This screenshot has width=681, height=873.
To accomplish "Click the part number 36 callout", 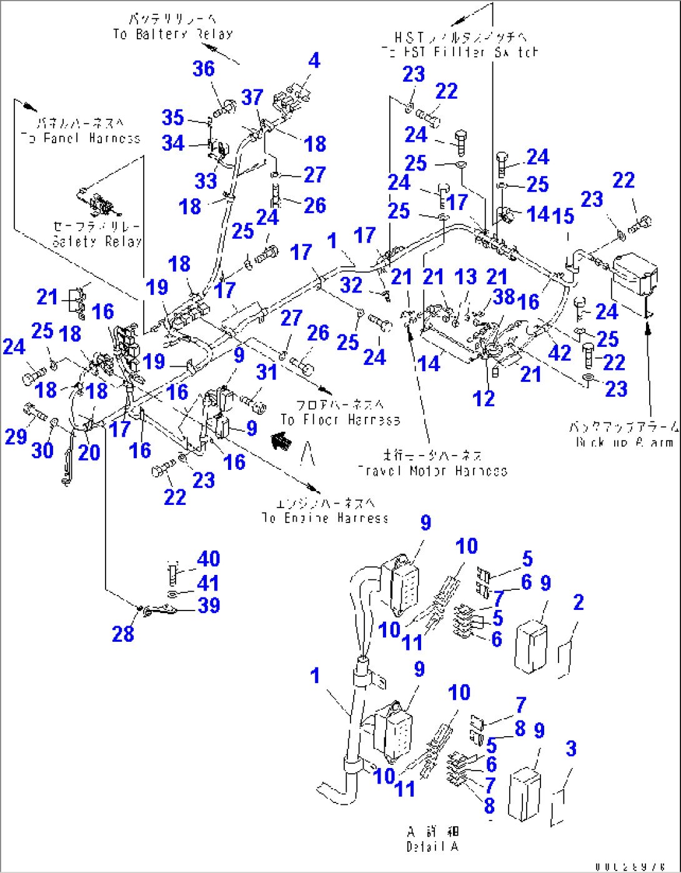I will coord(204,69).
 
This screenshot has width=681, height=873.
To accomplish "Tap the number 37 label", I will coord(252,97).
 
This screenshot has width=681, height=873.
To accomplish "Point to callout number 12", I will coord(484,398).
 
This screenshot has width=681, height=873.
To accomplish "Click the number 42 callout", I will coord(559,353).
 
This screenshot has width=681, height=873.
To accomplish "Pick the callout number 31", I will coord(267,372).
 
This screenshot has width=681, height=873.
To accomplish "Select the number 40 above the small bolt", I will coord(208,559).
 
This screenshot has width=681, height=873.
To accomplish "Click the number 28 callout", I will coord(123,634).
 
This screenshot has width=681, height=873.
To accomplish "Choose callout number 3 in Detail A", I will coord(570,749).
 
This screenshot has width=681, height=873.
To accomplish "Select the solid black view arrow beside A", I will coord(281,442).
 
